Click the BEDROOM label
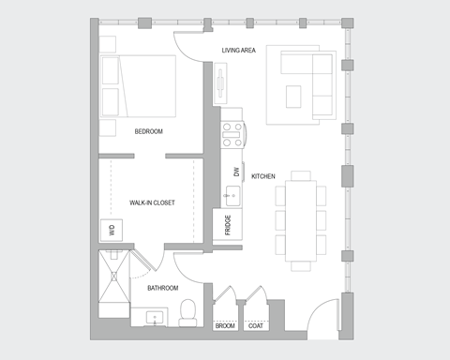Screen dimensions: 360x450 pos(150,131)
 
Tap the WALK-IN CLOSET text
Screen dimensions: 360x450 pos(152,202)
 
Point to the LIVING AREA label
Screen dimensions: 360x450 pos(239,51)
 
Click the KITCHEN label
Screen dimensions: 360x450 pos(262,176)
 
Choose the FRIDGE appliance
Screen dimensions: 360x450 pos(229,224)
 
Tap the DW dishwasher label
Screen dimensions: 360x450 pos(237,172)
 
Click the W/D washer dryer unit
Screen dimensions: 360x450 pos(112,229)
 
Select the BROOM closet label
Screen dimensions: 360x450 pos(225,326)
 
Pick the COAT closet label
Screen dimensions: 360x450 pos(255,326)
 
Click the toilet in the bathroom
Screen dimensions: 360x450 pos(187,310)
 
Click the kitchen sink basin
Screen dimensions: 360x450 pos(231,197)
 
